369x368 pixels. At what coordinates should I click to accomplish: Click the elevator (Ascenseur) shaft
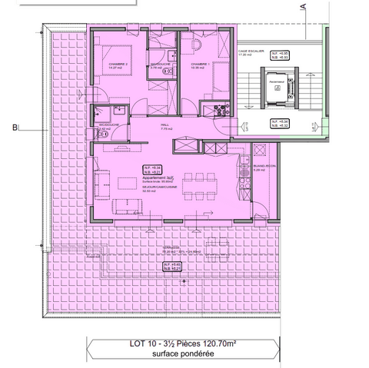(277, 94)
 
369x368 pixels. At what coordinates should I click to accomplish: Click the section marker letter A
(304, 8)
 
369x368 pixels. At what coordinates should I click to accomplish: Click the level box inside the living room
(151, 169)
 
